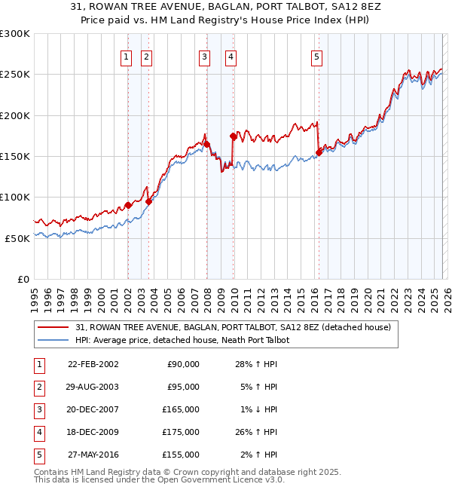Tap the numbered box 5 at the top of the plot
pos(316,56)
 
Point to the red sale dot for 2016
pos(319,152)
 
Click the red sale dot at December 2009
pos(233,136)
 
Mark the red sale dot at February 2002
pos(128,205)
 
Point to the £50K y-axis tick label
pos(17,237)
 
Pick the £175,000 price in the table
pos(181,432)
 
